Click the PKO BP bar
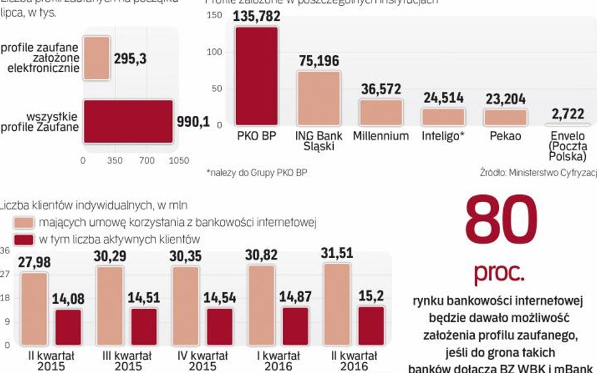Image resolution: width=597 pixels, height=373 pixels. [x=256, y=77]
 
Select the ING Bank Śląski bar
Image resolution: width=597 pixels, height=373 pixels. [x=319, y=98]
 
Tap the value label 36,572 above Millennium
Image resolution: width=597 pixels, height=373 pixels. [x=380, y=89]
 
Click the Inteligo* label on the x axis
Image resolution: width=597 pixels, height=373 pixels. [x=443, y=136]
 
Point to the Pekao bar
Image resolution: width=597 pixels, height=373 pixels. [x=504, y=117]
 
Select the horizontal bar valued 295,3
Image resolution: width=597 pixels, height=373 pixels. [x=96, y=58]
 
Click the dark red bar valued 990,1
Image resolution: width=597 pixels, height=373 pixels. [x=128, y=121]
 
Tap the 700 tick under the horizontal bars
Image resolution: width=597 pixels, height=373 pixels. [x=146, y=160]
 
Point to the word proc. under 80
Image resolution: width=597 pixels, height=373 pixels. [x=499, y=274]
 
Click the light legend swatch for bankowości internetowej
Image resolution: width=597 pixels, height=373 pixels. [x=24, y=223]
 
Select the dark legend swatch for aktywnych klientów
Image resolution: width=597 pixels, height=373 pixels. [x=24, y=239]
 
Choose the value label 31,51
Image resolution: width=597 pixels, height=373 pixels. [x=336, y=253]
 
